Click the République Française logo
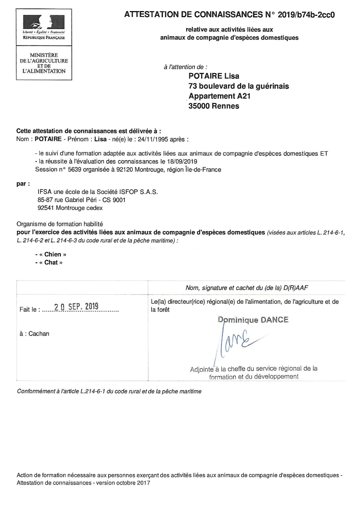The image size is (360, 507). tap(44, 27)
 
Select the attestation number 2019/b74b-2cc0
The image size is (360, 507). tap(306, 15)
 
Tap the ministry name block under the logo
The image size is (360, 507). tap(44, 63)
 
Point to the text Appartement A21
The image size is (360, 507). tap(219, 96)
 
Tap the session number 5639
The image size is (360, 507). tap(75, 170)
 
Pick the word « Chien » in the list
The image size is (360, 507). tap(53, 254)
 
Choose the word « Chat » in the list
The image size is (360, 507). tap(51, 262)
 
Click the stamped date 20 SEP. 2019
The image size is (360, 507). tap(76, 307)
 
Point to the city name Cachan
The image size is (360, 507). tap(39, 334)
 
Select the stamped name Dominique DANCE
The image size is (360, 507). tap(253, 320)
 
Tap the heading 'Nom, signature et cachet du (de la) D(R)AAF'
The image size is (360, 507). tap(247, 288)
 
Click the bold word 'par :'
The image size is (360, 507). tap(21, 184)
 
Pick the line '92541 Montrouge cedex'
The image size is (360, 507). tap(70, 208)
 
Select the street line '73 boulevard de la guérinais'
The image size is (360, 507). tap(239, 86)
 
